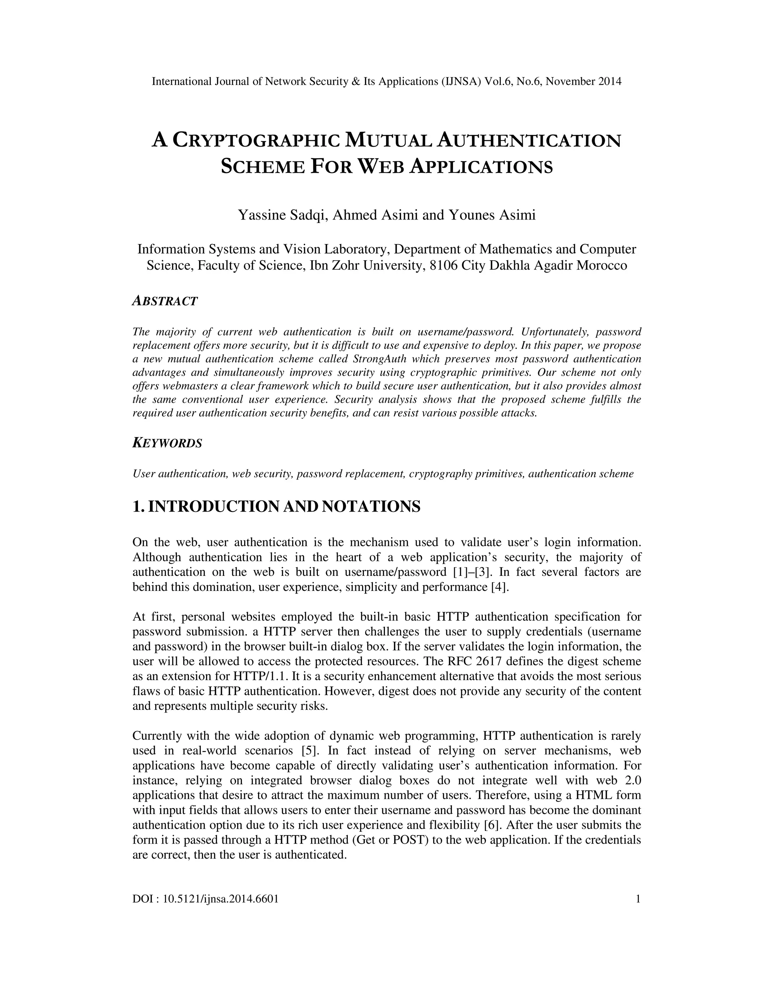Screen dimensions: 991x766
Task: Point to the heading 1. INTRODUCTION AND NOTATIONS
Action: pyautogui.click(x=276, y=506)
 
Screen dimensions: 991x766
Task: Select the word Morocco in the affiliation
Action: pyautogui.click(x=602, y=266)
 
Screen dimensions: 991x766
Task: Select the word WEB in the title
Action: pyautogui.click(x=381, y=167)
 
